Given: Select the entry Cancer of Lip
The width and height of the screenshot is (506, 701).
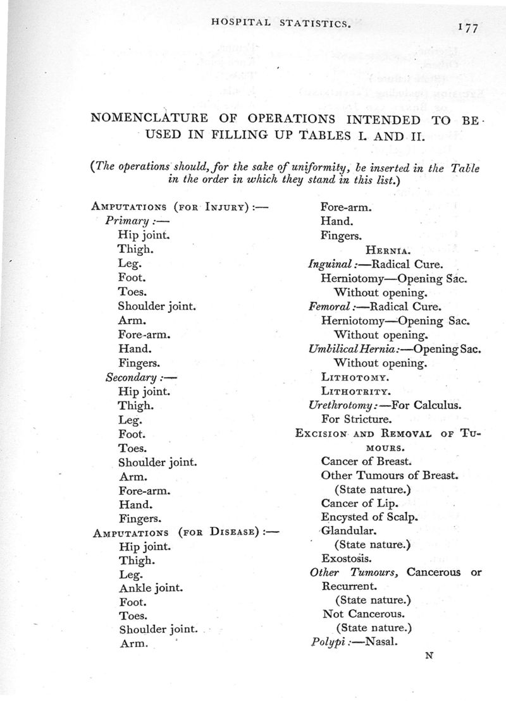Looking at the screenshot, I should (359, 504).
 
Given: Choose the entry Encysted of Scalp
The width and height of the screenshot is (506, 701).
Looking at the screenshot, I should (370, 517).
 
